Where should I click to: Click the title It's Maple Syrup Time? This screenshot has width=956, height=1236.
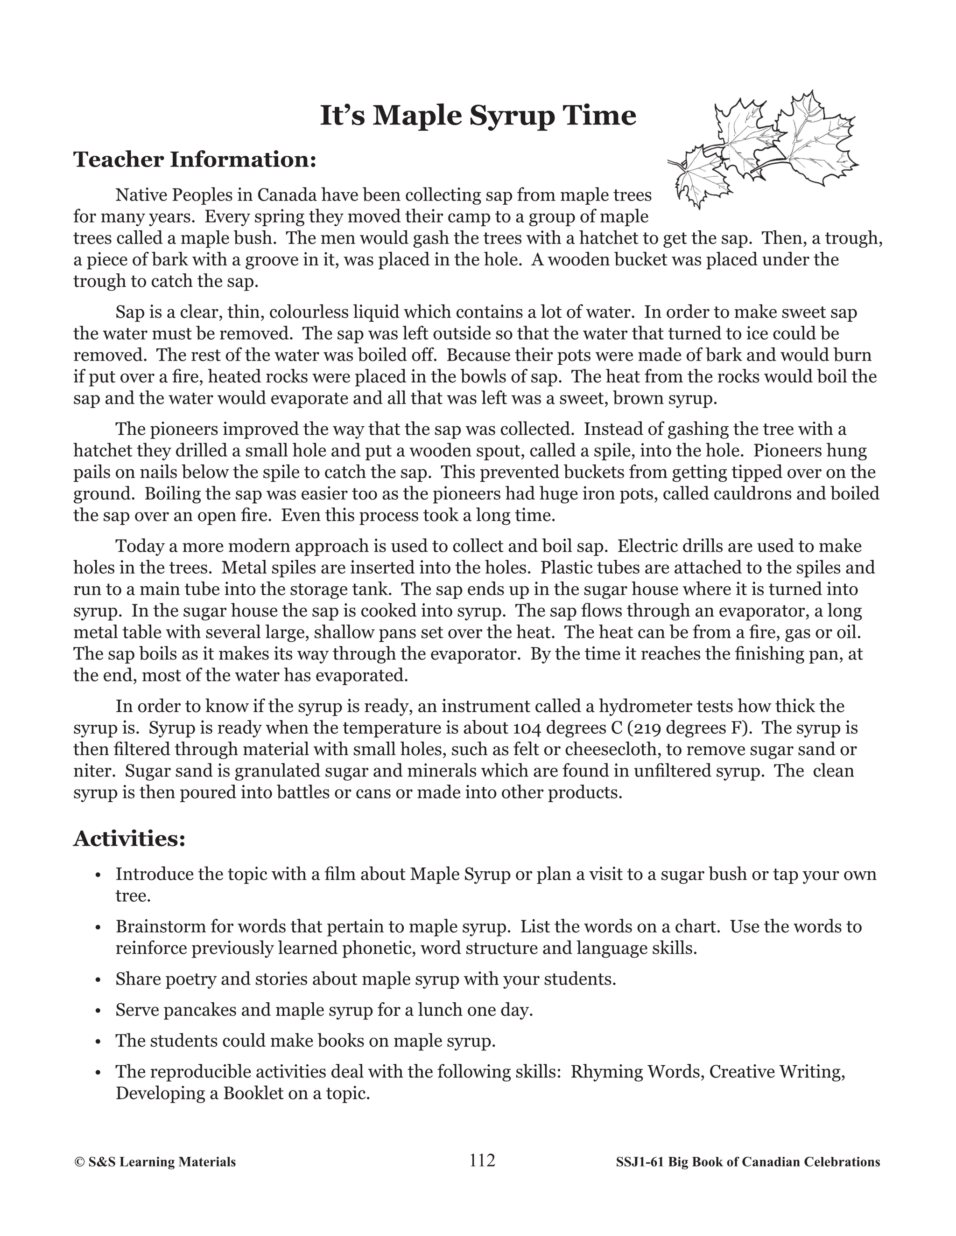pos(478,116)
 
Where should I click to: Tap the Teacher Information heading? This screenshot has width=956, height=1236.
pos(194,160)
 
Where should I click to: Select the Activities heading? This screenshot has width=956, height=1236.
pos(129,838)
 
